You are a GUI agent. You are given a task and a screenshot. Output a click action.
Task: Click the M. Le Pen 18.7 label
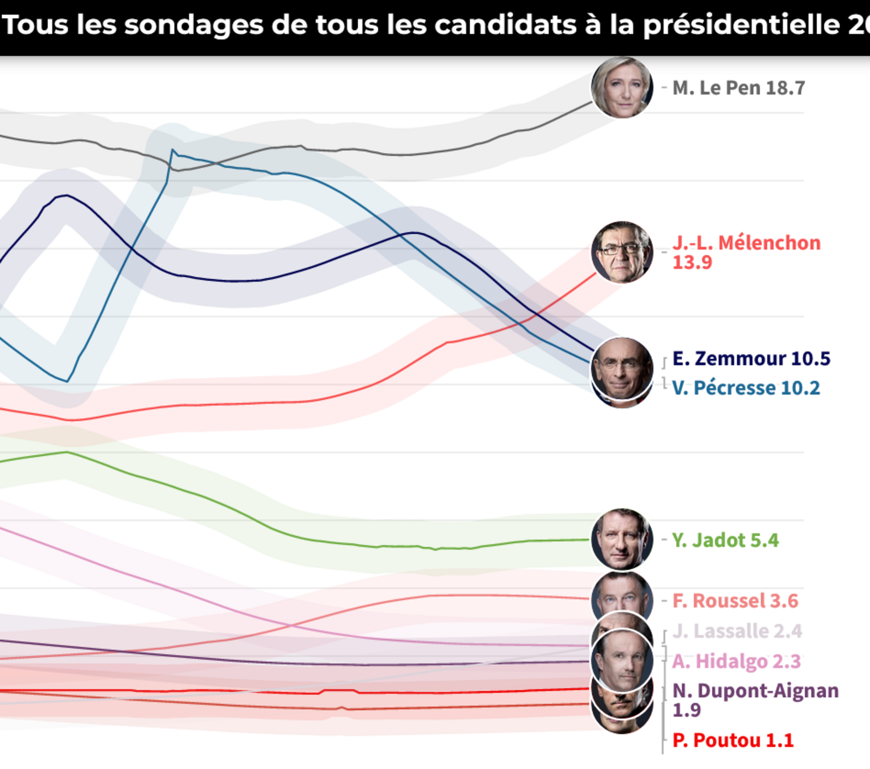pos(738,88)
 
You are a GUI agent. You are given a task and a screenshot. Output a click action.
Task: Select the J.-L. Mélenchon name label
pos(746,243)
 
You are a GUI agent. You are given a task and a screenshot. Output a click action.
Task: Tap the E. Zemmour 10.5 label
pos(751,359)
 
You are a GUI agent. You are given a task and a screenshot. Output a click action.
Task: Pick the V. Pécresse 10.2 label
pos(746,388)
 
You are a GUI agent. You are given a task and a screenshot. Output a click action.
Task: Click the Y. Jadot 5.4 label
pos(725,540)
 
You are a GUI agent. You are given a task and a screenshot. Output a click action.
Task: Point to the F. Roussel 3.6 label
pos(735,601)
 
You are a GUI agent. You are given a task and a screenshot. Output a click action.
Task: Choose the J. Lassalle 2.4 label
pos(737,631)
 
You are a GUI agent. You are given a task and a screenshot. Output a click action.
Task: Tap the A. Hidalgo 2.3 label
pos(736,661)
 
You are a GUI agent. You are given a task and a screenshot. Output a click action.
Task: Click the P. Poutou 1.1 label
pos(733,741)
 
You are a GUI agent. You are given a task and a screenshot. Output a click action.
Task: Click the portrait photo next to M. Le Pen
pos(622,88)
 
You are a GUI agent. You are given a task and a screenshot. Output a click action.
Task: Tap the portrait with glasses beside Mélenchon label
pos(622,252)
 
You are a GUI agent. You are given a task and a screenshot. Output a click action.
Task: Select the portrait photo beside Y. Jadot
pos(622,539)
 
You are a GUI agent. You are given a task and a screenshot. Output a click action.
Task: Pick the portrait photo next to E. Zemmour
pos(622,367)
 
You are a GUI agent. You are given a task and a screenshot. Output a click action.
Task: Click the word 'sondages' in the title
pos(194,25)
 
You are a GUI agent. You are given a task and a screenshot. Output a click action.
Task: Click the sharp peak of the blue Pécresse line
pos(172,150)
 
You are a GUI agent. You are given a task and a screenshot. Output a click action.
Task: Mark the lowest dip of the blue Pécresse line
pos(67,381)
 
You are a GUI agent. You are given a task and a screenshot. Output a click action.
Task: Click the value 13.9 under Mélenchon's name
pos(692,262)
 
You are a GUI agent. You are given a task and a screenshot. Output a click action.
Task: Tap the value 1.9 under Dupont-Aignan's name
pos(687,710)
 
